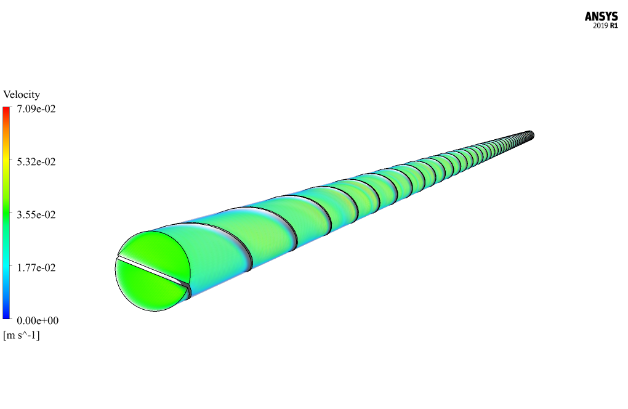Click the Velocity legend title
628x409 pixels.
pos(22,94)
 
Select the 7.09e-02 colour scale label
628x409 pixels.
pos(36,109)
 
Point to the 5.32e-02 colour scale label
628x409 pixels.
pos(36,162)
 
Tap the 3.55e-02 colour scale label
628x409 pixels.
pos(36,215)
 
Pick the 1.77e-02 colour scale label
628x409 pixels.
pos(36,267)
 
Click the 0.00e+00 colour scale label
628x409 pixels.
pos(38,320)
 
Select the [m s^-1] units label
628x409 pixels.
pos(22,335)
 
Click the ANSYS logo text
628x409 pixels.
pos(601,17)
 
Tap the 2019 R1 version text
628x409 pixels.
pos(605,26)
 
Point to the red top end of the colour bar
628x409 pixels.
pos(6,110)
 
